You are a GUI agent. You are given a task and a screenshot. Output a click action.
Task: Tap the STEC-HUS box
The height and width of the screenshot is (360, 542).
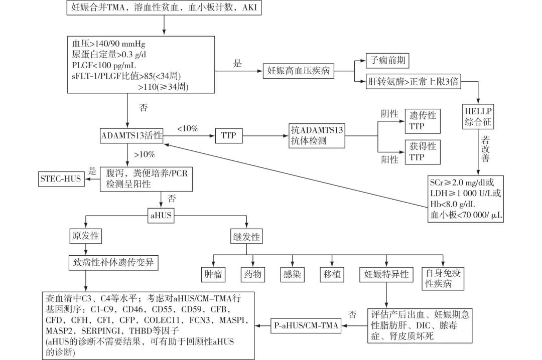(x=62, y=178)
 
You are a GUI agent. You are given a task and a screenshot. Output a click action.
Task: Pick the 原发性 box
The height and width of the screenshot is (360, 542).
(x=85, y=236)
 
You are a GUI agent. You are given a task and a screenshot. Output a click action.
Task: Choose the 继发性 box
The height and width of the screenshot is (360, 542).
(x=246, y=236)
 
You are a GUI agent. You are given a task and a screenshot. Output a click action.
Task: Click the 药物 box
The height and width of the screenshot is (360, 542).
(x=252, y=274)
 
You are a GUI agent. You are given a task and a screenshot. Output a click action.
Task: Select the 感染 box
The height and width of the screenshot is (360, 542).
(x=293, y=274)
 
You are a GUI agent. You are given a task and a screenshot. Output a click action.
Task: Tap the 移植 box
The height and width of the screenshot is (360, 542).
(x=332, y=274)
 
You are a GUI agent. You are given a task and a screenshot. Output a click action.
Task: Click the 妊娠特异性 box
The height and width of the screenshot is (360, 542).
(x=386, y=274)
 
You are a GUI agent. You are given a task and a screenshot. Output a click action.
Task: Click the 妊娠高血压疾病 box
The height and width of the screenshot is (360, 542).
(x=298, y=71)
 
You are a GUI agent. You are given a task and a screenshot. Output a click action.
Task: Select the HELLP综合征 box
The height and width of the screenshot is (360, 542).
(x=478, y=116)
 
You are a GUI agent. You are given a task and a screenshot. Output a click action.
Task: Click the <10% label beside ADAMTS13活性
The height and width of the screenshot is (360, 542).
(x=188, y=129)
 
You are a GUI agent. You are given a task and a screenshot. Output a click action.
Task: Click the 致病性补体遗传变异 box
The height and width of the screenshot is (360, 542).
(x=111, y=262)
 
